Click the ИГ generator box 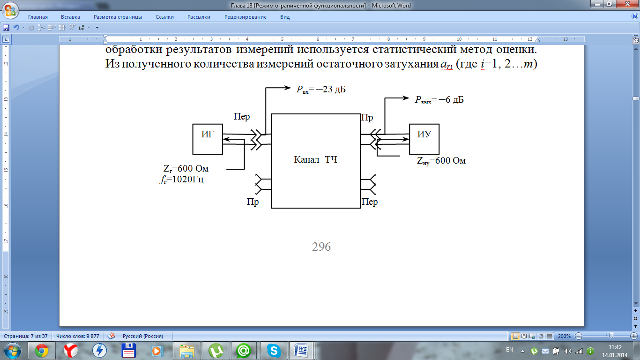pos(208,139)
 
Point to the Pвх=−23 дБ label pos(321,90)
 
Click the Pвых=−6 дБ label pos(439,99)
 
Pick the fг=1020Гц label pos(182,179)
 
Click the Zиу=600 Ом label pos(441,161)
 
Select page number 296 pos(321,247)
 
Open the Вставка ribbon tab pos(71,17)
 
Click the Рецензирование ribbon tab pos(245,17)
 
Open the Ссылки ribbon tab pos(164,17)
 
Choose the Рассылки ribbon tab pos(199,17)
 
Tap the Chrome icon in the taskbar pos(42,350)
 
